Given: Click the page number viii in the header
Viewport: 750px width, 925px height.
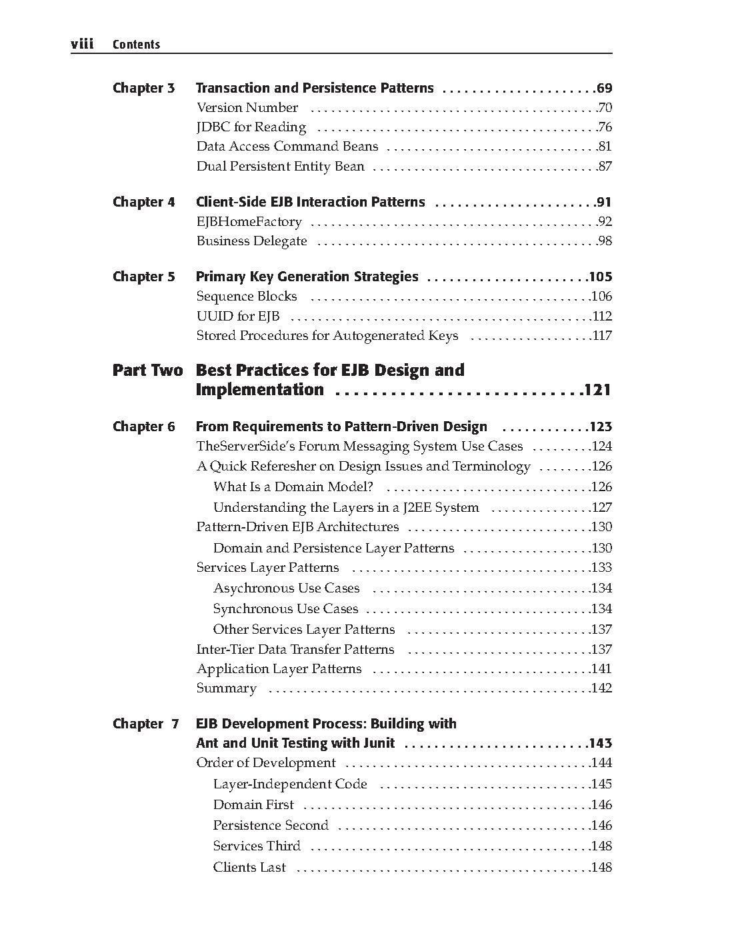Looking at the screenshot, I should [x=82, y=44].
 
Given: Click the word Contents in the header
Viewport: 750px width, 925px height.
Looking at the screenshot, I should [x=136, y=45].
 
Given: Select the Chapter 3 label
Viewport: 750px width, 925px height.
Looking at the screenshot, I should [x=143, y=88].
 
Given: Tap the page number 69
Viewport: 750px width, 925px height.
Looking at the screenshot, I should [x=605, y=88].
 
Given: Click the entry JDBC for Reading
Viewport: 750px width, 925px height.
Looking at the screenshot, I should [x=251, y=127].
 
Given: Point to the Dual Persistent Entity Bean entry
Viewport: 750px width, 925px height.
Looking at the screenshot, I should [x=280, y=167].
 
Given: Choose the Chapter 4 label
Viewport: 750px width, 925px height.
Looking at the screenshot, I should [x=143, y=202].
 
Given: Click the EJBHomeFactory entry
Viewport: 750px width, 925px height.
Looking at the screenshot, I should [x=249, y=222].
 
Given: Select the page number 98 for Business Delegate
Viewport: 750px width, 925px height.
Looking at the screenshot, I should [x=605, y=241].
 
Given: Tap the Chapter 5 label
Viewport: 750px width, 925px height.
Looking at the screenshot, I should [x=143, y=277].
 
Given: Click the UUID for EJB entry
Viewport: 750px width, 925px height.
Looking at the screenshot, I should [x=238, y=317].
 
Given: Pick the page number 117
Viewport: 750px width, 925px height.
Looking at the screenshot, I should [x=602, y=336].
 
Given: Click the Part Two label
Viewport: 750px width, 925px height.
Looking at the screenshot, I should [x=147, y=371].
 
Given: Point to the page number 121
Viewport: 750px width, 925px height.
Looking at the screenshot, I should [x=598, y=391].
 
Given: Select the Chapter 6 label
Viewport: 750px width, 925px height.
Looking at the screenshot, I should [x=143, y=427].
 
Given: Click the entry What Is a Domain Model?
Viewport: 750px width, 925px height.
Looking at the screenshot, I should [x=293, y=487].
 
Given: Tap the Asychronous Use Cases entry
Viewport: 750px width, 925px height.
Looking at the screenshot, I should [x=286, y=588].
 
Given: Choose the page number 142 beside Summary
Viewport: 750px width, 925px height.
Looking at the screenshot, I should [x=601, y=688].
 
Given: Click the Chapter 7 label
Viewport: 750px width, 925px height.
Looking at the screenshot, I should [x=145, y=724].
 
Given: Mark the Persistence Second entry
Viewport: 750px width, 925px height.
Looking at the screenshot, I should [x=271, y=826].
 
